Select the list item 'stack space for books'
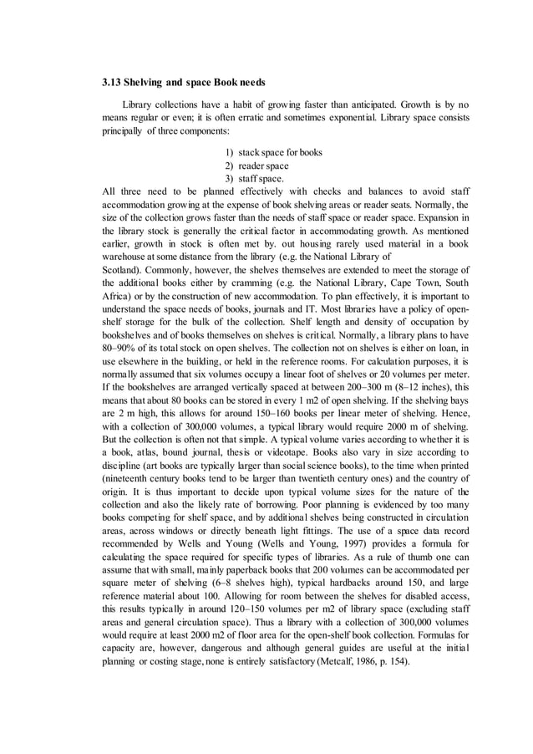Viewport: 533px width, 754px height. (x=280, y=152)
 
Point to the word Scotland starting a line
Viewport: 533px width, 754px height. (x=121, y=270)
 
